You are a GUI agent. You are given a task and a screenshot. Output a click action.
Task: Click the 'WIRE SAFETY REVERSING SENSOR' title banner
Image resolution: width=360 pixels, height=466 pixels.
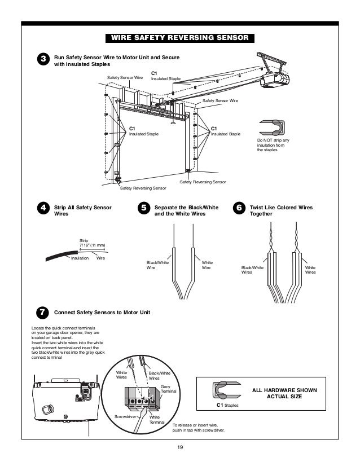(180, 38)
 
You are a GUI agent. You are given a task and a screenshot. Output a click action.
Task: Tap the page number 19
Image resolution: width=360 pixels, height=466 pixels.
(180, 448)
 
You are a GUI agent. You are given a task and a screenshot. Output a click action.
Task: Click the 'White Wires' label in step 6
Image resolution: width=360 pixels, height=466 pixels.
(310, 269)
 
